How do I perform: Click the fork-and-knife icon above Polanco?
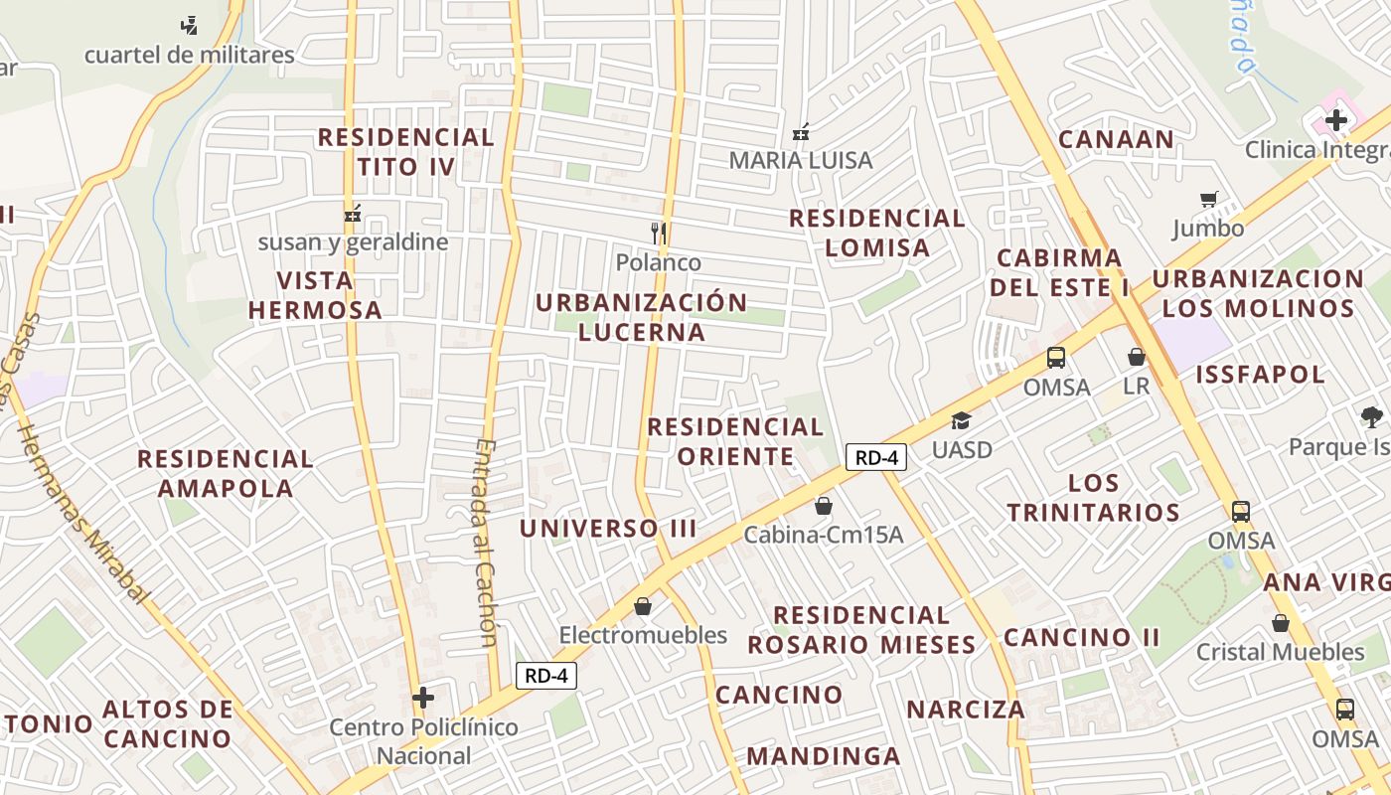tap(658, 235)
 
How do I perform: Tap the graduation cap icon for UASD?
tap(961, 421)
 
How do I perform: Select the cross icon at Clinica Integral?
tap(1336, 121)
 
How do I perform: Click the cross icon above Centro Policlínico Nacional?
tap(423, 698)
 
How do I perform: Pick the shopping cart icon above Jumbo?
tap(1208, 200)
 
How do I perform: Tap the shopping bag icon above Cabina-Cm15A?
tap(823, 507)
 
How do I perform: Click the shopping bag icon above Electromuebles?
tap(643, 606)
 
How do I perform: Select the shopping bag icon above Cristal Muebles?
tap(1281, 623)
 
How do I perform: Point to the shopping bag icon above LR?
tap(1137, 357)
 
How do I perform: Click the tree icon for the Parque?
tap(1371, 417)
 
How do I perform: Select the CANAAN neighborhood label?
tap(1116, 139)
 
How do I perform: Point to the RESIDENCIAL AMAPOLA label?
tap(226, 473)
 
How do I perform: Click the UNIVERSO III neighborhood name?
tap(608, 529)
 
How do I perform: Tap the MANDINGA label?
tap(823, 756)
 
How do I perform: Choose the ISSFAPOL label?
tap(1260, 375)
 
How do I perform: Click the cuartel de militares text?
tap(189, 55)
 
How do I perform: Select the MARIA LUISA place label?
tap(801, 160)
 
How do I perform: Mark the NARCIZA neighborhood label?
tap(965, 710)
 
